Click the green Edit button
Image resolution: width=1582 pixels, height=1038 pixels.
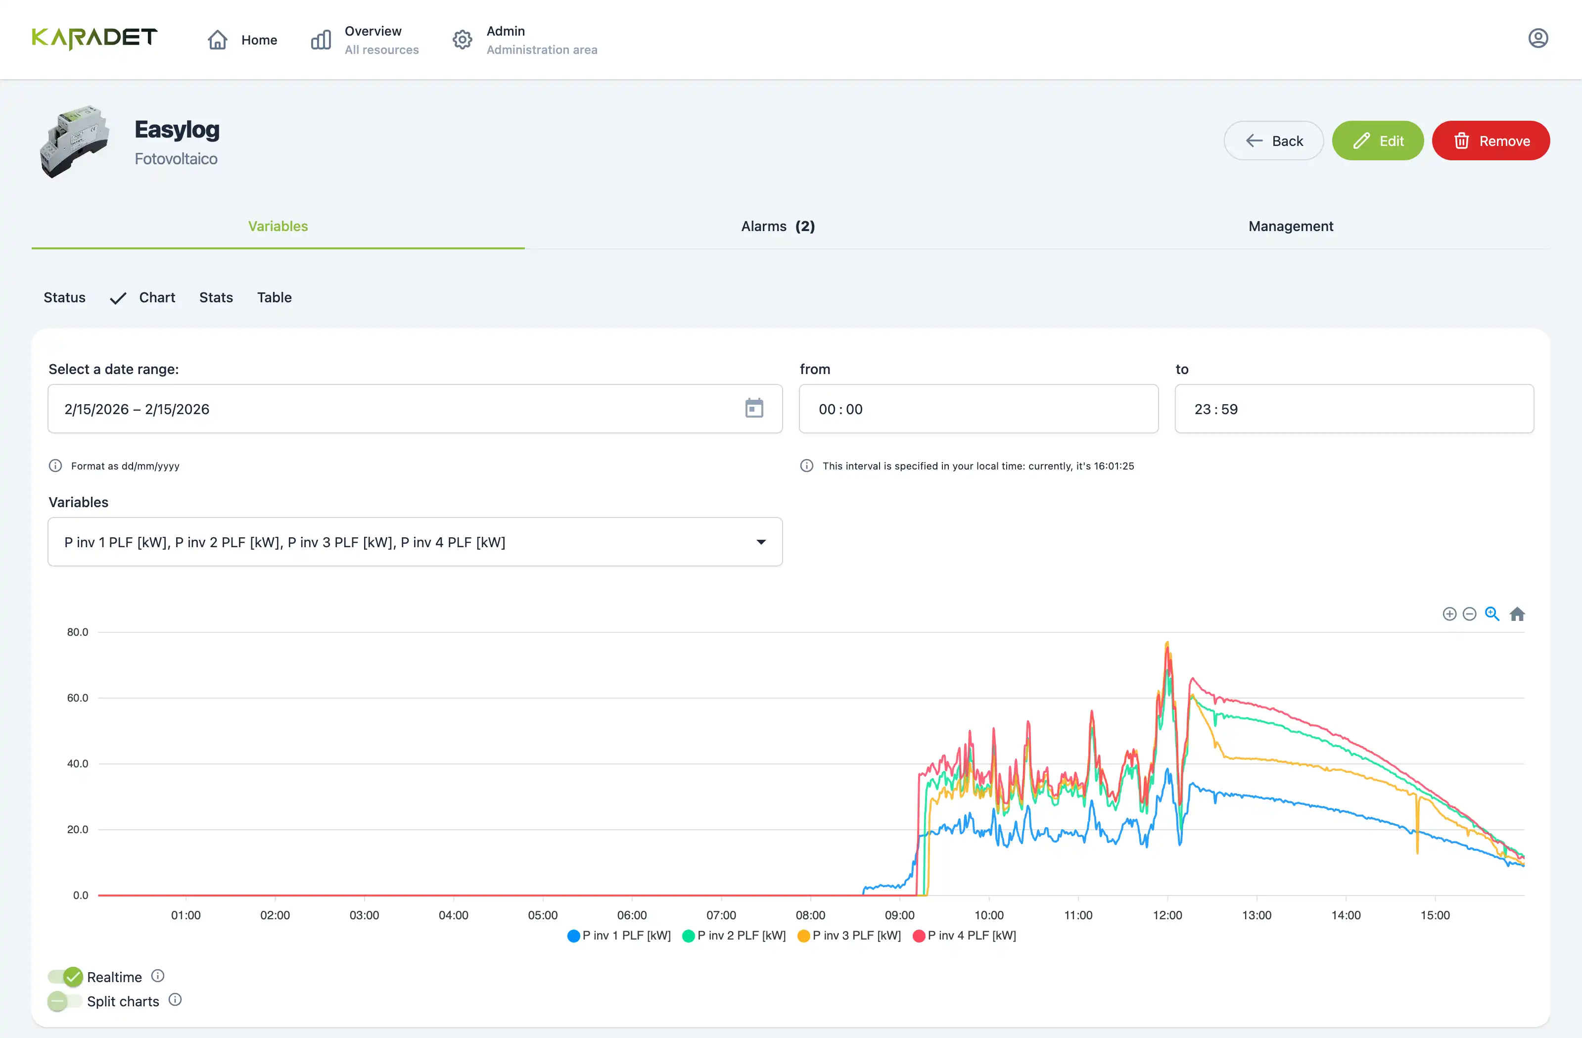coord(1377,141)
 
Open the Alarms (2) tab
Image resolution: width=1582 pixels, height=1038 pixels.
coord(777,226)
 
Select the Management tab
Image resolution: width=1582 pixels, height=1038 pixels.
coord(1290,226)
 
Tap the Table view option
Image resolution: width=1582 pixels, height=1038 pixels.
coord(274,297)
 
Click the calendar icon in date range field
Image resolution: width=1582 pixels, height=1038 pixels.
coord(754,408)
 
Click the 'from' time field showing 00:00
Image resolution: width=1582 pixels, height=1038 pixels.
coord(978,409)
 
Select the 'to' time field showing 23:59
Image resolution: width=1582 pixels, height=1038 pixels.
coord(1353,409)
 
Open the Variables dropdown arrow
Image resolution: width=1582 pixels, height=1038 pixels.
coord(761,542)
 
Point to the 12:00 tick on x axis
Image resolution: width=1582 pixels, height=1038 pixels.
coord(1167,915)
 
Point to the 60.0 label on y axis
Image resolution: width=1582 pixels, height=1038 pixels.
coord(77,698)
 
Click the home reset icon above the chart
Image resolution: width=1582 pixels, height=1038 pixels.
coord(1517,614)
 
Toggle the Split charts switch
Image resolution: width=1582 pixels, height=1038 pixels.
coord(64,1001)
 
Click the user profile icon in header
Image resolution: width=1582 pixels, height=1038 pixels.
coord(1537,39)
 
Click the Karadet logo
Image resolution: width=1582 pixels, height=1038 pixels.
coord(94,39)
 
